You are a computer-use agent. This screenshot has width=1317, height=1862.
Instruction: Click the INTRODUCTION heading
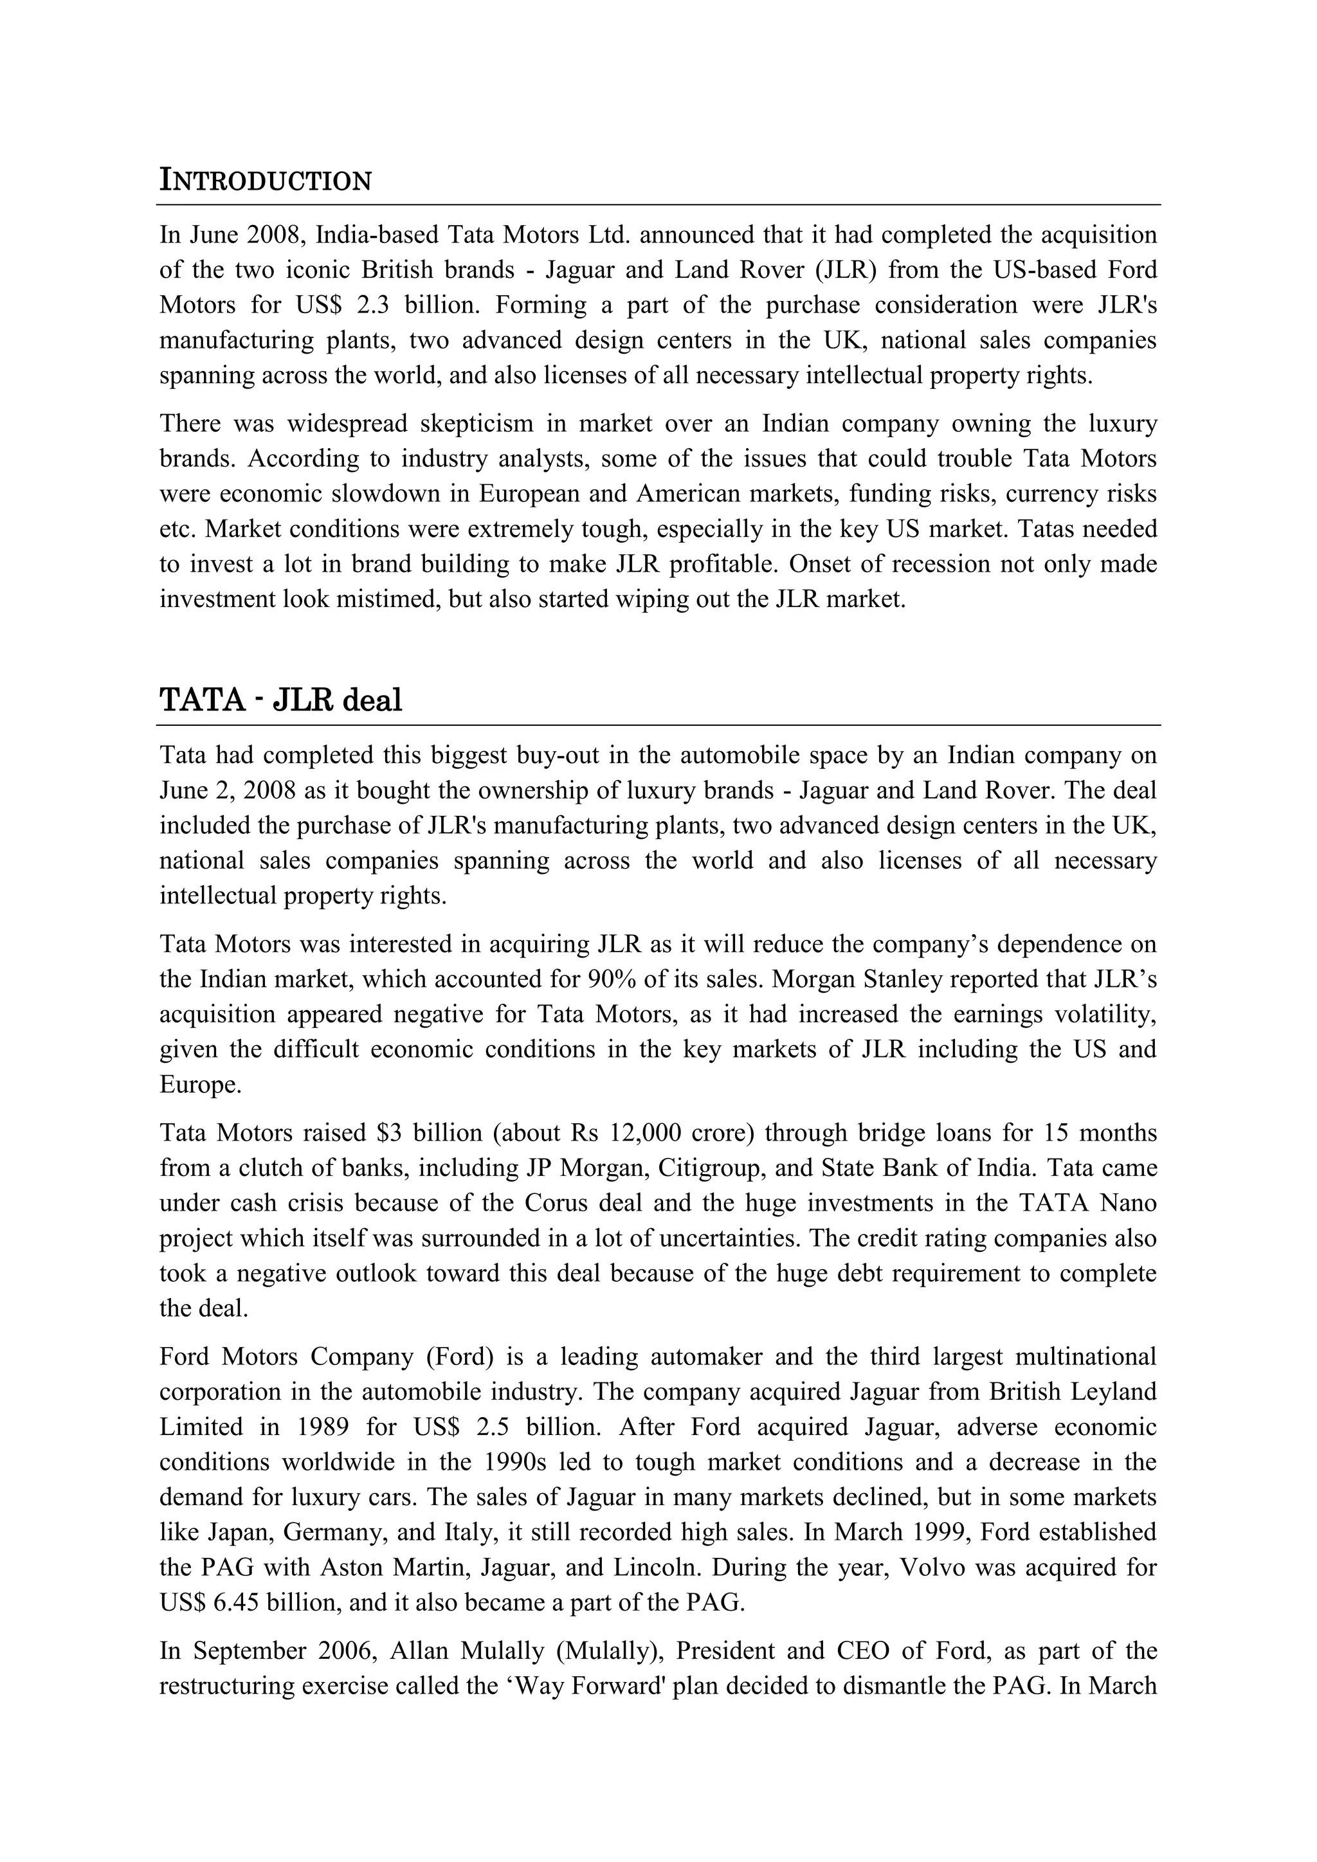265,180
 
